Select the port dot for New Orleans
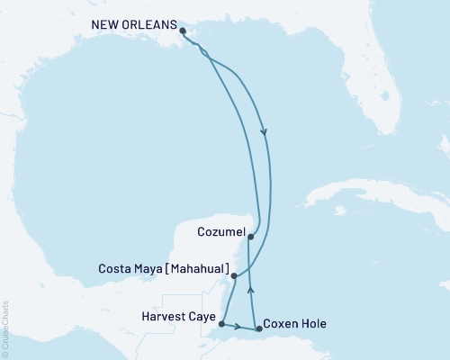tap(184, 31)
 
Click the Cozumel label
tap(219, 232)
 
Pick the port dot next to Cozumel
tap(250, 237)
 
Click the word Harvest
tap(163, 316)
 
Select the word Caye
tap(201, 316)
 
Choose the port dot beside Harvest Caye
tap(221, 324)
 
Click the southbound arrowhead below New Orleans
tap(265, 132)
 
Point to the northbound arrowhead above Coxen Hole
tap(251, 290)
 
